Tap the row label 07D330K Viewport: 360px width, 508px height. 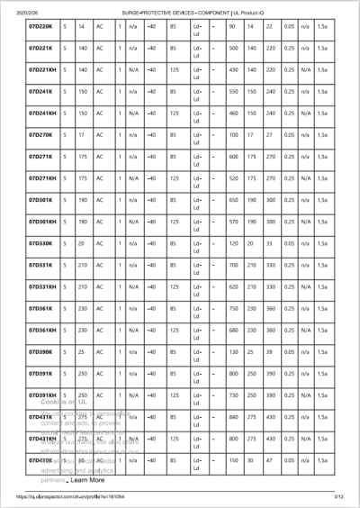tap(40, 243)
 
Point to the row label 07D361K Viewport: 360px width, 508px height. tap(40, 308)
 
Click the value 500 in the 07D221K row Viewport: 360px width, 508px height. tap(234, 48)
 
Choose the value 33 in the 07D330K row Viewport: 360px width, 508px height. tap(270, 243)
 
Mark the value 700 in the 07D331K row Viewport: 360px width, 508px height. tap(234, 265)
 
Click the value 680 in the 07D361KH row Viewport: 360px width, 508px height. tap(234, 331)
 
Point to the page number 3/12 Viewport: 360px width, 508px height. tap(339, 496)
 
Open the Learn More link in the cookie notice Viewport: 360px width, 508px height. tap(87, 480)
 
